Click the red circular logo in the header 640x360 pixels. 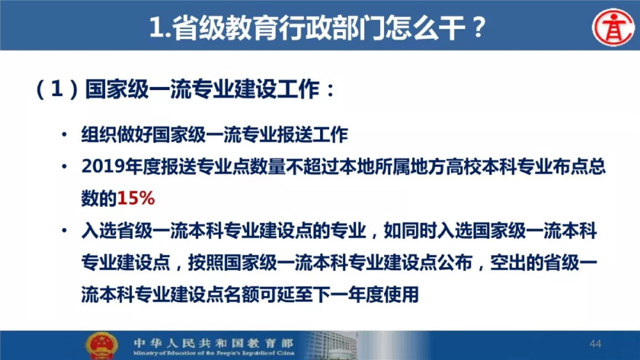613,28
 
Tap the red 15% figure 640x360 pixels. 136,198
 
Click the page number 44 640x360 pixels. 596,344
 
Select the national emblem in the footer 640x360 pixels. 101,346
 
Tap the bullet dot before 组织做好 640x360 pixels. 64,134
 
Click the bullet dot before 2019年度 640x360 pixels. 64,166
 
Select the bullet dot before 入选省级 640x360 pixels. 64,230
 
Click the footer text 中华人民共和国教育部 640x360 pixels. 213,343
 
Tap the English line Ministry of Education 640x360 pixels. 213,353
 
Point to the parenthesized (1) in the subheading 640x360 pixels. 57,89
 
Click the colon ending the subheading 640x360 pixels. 330,90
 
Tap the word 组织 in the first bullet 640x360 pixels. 99,135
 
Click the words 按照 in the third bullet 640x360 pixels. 205,262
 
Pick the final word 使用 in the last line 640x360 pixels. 401,294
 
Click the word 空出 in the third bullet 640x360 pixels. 508,262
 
